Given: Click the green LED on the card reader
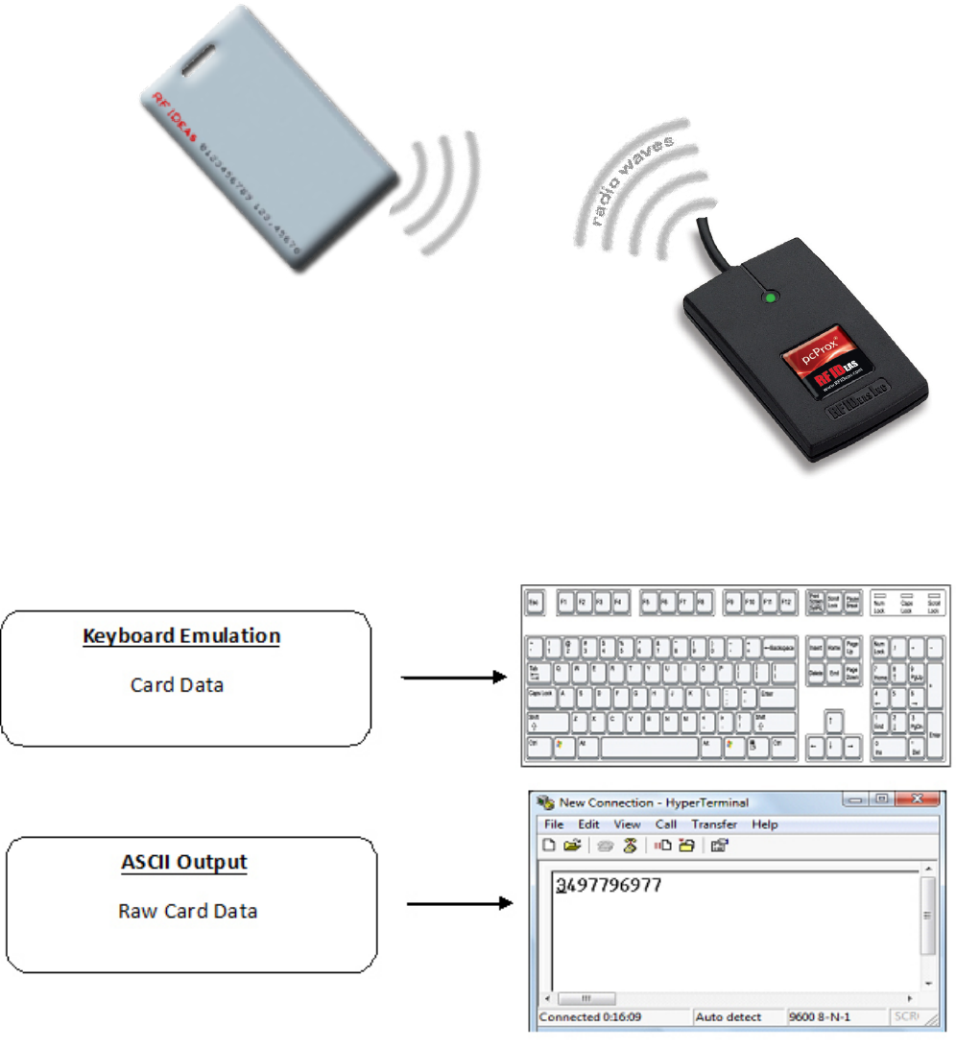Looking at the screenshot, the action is (768, 298).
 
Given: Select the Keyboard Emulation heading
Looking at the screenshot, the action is (181, 635).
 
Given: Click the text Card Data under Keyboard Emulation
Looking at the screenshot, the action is (178, 685).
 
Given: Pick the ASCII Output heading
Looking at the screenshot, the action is (184, 861).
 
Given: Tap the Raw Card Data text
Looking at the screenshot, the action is (187, 911).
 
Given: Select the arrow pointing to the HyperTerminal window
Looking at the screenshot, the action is (459, 903).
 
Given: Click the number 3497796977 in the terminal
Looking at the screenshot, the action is (609, 885).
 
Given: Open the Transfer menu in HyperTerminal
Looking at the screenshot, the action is (714, 824).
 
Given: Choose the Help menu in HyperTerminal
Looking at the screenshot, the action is (765, 824).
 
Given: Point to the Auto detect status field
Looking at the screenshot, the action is (729, 1016).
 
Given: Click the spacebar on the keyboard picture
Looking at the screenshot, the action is (648, 744).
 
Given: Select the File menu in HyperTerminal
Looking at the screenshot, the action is (554, 824).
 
